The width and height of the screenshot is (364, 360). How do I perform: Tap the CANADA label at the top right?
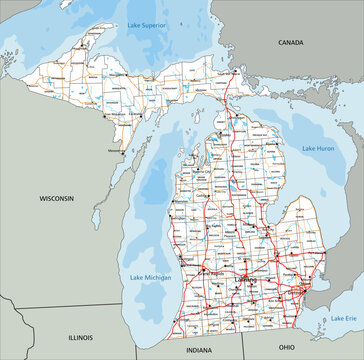coord(290,43)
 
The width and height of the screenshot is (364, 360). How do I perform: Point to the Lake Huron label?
coord(318,148)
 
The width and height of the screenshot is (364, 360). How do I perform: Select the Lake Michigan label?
coord(149,276)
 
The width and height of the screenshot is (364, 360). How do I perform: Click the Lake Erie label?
coord(343,318)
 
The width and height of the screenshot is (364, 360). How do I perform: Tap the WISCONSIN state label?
coord(56,199)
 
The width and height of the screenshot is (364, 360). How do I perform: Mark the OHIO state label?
coord(286,346)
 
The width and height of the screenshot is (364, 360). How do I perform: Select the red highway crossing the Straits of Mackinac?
coord(228,110)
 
